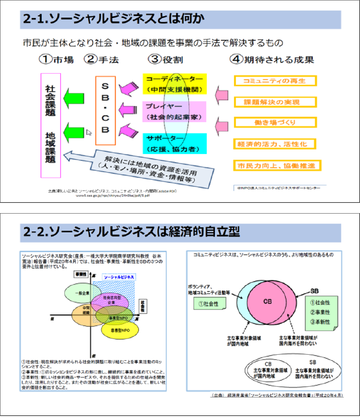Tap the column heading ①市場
tap(56, 59)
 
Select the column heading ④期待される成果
tap(272, 59)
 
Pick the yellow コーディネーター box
tap(174, 83)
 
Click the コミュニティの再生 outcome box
tap(275, 81)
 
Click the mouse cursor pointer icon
tap(88, 132)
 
